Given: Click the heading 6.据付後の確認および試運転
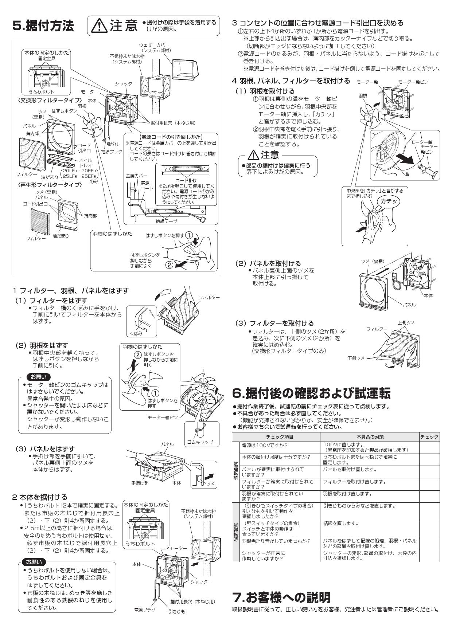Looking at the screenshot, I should pos(311,393).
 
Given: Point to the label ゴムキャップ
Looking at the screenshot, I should pos(200,442).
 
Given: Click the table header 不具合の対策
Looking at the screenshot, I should pos(370,437).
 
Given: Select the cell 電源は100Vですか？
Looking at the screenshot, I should pos(265,445).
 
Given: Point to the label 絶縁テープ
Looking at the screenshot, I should pos(166,221).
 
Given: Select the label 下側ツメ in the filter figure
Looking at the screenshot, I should pos(356,358).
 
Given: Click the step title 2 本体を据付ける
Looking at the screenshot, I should pos(40,497).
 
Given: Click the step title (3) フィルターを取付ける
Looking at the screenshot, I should pos(274,323).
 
